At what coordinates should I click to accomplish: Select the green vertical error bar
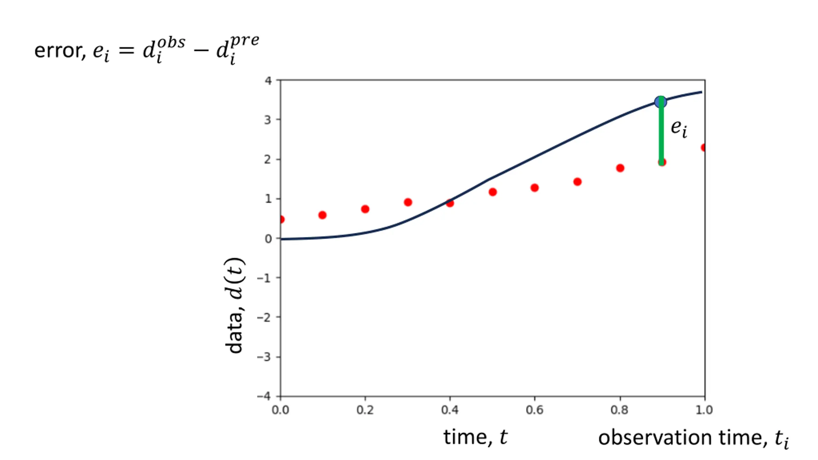pyautogui.click(x=661, y=134)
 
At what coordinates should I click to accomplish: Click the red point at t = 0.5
pyautogui.click(x=492, y=192)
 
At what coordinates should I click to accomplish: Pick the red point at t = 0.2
pyautogui.click(x=365, y=209)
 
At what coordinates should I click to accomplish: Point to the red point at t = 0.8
pyautogui.click(x=620, y=168)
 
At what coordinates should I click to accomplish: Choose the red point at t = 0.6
pyautogui.click(x=535, y=188)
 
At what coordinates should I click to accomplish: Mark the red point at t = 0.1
pyautogui.click(x=322, y=215)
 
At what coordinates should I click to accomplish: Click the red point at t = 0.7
pyautogui.click(x=577, y=182)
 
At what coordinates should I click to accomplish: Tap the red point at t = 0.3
pyautogui.click(x=408, y=202)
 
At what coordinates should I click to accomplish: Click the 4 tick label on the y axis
pyautogui.click(x=268, y=80)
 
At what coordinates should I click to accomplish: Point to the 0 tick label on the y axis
pyautogui.click(x=268, y=239)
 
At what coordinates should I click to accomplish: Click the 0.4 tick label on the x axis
pyautogui.click(x=450, y=410)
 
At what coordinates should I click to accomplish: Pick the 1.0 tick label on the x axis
pyautogui.click(x=704, y=410)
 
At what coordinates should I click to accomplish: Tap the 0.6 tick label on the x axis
pyautogui.click(x=534, y=410)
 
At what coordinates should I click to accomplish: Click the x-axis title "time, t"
pyautogui.click(x=475, y=437)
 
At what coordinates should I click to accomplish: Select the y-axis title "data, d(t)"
pyautogui.click(x=234, y=305)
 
